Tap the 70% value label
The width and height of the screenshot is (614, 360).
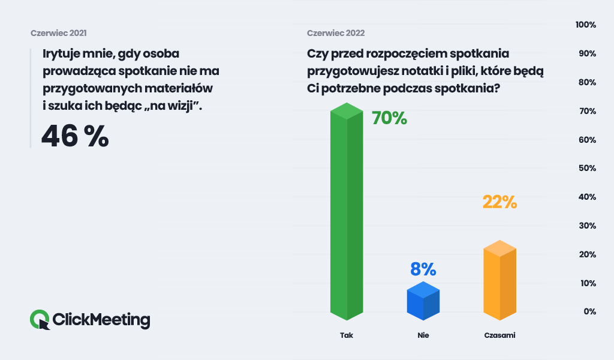point(389,118)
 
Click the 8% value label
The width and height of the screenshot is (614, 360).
point(423,269)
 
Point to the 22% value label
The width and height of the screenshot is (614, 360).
point(499,202)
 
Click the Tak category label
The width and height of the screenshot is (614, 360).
point(347,335)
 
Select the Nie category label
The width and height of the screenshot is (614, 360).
point(423,335)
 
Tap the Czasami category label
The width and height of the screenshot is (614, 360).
point(499,335)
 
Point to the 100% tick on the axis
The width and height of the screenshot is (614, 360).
point(585,25)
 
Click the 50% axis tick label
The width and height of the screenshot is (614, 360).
point(585,169)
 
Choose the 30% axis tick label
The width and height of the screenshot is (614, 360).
point(585,226)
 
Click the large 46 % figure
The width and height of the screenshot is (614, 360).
point(75,136)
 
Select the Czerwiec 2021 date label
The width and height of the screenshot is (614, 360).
point(63,33)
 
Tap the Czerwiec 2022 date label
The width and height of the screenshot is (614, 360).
point(336,33)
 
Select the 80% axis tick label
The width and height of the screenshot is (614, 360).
point(585,82)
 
